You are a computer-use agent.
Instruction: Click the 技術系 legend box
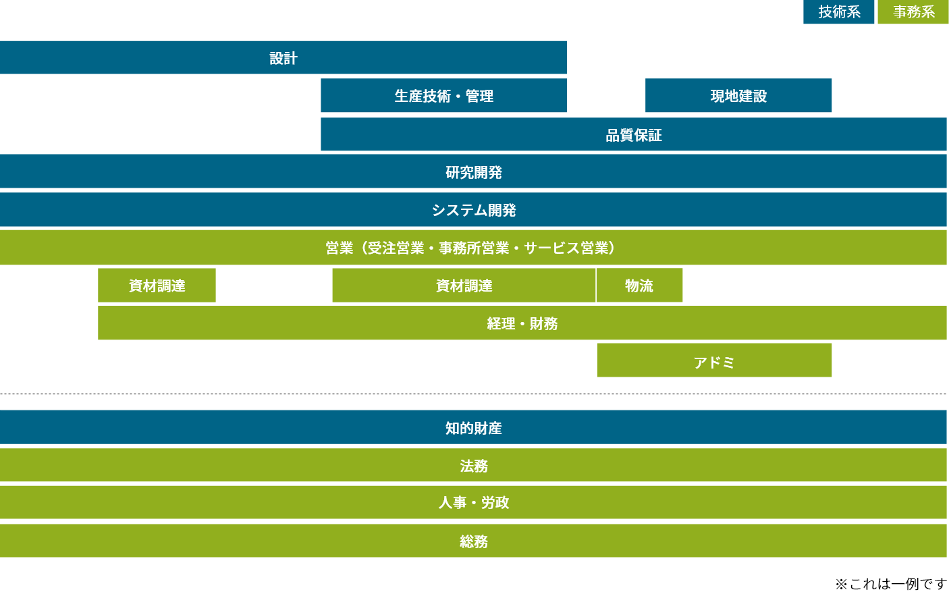pyautogui.click(x=839, y=12)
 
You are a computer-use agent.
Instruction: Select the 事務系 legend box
pyautogui.click(x=913, y=12)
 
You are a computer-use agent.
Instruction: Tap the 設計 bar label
pyautogui.click(x=283, y=59)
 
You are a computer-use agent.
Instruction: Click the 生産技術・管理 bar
pyautogui.click(x=443, y=97)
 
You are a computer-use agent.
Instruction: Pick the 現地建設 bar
pyautogui.click(x=738, y=97)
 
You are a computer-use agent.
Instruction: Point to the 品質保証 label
pyautogui.click(x=633, y=136)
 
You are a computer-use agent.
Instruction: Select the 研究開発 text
pyautogui.click(x=474, y=173)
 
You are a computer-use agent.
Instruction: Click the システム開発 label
pyautogui.click(x=474, y=211)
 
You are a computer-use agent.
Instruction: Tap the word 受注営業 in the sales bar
pyautogui.click(x=396, y=248)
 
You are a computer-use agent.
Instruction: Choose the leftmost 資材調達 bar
pyautogui.click(x=157, y=286)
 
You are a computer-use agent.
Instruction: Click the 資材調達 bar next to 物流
pyautogui.click(x=464, y=286)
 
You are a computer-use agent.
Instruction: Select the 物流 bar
pyautogui.click(x=639, y=286)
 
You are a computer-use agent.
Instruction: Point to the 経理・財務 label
pyautogui.click(x=522, y=324)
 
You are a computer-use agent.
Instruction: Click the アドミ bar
pyautogui.click(x=714, y=362)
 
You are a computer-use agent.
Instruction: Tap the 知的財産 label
pyautogui.click(x=474, y=429)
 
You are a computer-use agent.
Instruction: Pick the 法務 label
pyautogui.click(x=474, y=466)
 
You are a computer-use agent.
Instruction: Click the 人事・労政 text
pyautogui.click(x=474, y=503)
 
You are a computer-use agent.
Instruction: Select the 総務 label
pyautogui.click(x=474, y=541)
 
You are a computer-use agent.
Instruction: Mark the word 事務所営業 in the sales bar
pyautogui.click(x=474, y=248)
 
